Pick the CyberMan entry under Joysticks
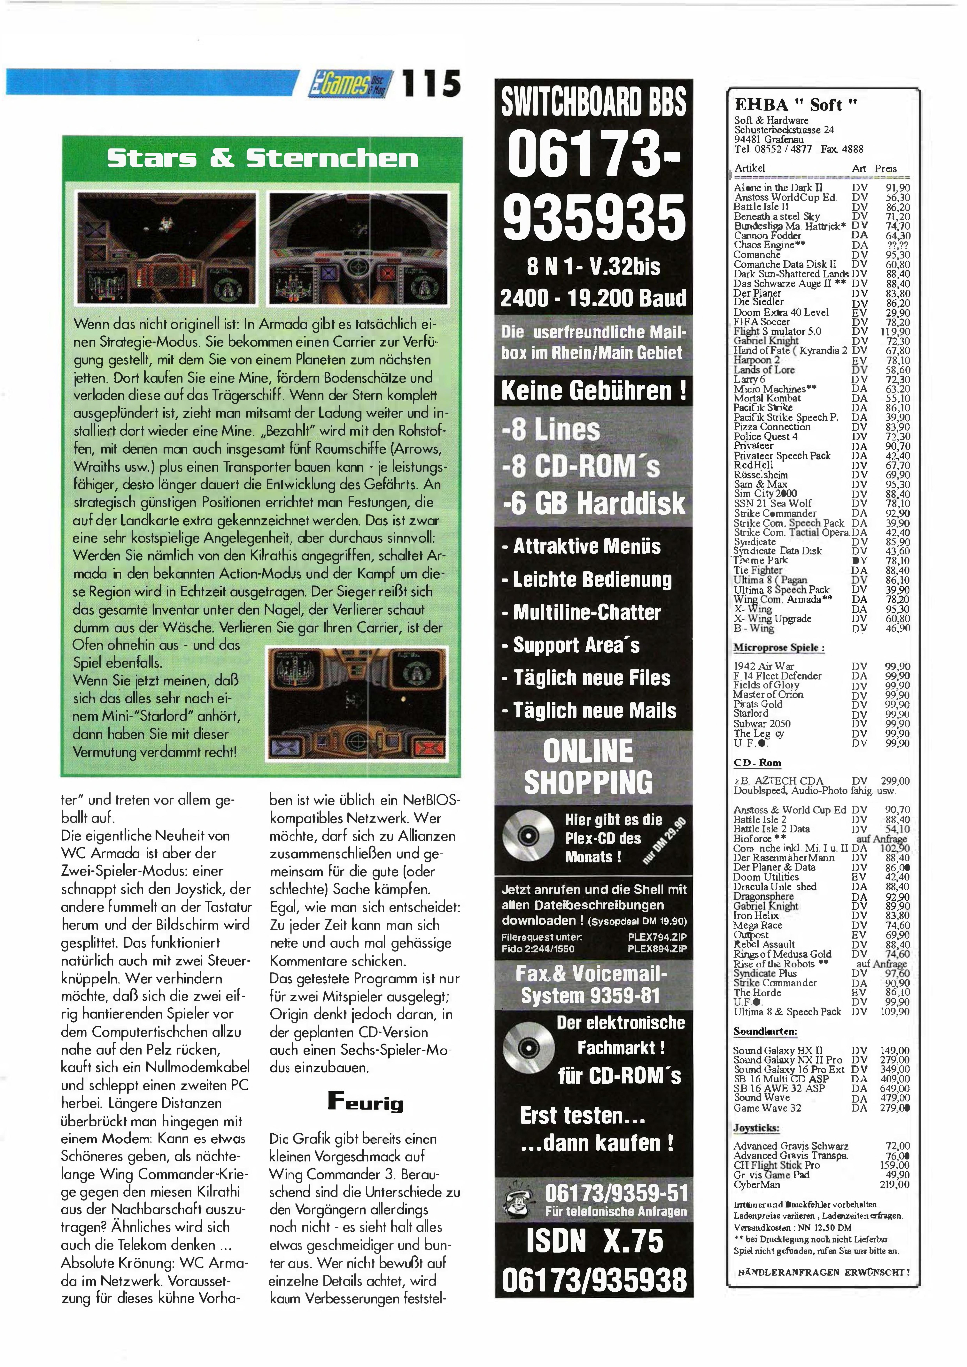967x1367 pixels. (757, 1185)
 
